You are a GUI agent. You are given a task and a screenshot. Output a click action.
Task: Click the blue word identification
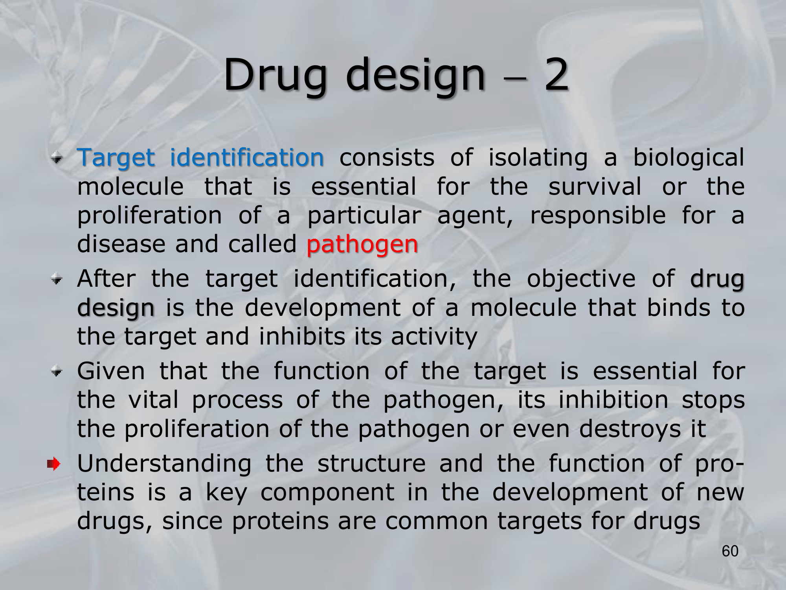[x=247, y=158]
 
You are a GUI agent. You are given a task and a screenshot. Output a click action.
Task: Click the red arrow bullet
[x=53, y=464]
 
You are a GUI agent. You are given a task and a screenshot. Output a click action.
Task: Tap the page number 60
[x=730, y=551]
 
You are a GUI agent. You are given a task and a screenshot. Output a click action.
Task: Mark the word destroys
[x=630, y=430]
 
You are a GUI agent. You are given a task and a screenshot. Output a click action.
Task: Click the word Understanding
[x=164, y=465]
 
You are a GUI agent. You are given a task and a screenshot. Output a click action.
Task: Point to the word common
[x=437, y=522]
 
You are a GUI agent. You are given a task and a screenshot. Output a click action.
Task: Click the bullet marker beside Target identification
[x=57, y=159]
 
